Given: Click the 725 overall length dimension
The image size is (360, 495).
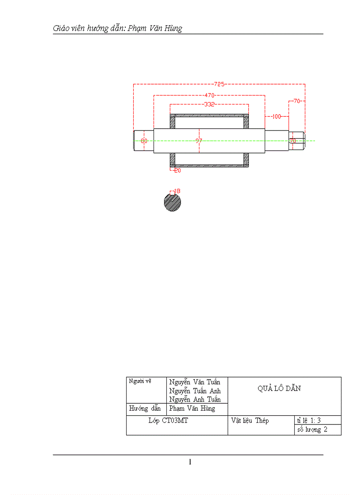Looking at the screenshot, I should coord(219,84).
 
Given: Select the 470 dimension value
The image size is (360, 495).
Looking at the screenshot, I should coord(209,95).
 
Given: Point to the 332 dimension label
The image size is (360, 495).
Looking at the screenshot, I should coord(209,104).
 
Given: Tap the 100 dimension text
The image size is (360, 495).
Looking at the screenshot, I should coord(276,116).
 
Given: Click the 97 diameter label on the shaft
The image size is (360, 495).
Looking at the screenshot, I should coord(199,141).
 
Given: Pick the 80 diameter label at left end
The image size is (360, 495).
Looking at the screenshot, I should coord(144,141).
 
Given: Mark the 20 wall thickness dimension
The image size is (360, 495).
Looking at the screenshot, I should coord(177,170).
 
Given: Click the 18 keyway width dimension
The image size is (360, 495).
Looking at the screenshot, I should coord(176,191).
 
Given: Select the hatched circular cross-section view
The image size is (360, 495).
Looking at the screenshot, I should coord(172,203).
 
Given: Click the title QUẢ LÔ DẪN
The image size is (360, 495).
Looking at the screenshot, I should coord(279,388).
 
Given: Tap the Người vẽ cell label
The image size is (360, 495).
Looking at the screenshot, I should coord(140,381).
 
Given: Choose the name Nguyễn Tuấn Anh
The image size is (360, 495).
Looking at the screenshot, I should coord(195,391).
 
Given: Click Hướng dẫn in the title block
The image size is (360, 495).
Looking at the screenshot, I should coord(145,409).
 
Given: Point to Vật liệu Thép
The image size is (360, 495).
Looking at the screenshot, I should coord(250,421).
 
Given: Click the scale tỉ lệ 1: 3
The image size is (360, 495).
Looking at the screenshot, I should coord(312,420).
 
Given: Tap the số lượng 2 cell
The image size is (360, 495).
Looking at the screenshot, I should coord(312,430).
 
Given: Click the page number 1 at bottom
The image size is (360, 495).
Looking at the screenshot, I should coord(190,462).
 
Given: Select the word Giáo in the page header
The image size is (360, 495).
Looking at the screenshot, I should coord(62,29).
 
